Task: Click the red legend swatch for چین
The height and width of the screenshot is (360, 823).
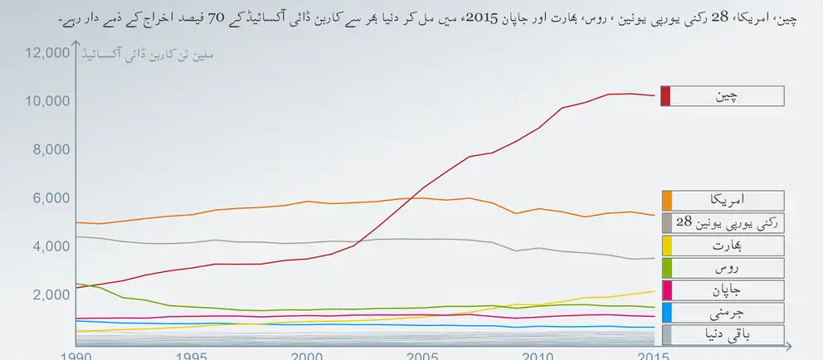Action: pyautogui.click(x=665, y=95)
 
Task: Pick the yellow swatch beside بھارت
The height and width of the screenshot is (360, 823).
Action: pyautogui.click(x=665, y=245)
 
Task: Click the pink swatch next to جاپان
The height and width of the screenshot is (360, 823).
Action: pyautogui.click(x=665, y=289)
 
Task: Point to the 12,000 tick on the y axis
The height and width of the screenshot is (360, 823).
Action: pyautogui.click(x=47, y=53)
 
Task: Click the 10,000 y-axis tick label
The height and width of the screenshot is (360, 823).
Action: pyautogui.click(x=47, y=101)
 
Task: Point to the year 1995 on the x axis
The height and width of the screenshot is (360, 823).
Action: pyautogui.click(x=191, y=355)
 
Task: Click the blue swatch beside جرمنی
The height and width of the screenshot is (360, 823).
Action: pyautogui.click(x=665, y=312)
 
